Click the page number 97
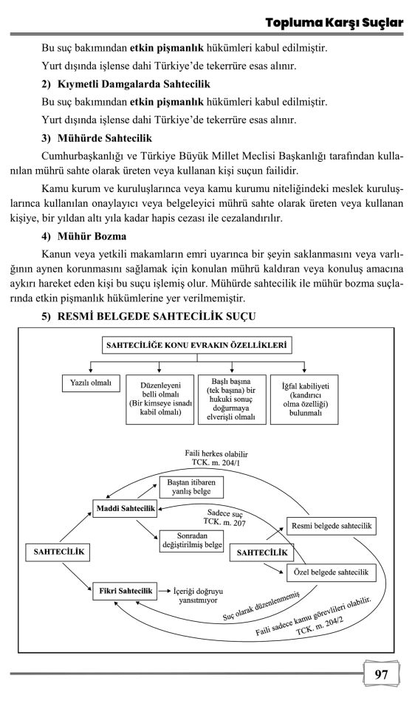click(x=382, y=674)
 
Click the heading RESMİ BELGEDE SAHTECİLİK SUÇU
click(x=148, y=317)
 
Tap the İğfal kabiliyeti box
click(x=304, y=398)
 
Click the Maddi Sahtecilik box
click(x=123, y=508)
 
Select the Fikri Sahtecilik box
click(x=123, y=591)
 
